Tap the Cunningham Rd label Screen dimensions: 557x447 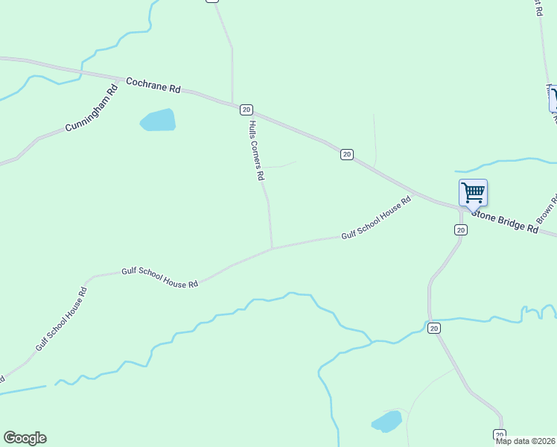92,109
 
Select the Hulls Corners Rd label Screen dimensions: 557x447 257,150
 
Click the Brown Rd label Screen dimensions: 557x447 547,211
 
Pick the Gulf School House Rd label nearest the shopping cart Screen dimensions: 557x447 376,218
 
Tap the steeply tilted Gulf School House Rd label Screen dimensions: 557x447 62,318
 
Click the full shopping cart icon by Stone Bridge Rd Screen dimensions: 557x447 473,193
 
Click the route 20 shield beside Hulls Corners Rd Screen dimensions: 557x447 246,110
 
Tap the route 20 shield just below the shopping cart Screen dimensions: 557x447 461,230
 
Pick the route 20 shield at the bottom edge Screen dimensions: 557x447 500,434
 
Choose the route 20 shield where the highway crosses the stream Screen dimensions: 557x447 434,328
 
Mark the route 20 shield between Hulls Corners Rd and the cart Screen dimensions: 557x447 347,154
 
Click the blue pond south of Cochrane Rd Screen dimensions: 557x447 158,120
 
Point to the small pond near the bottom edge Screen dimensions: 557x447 386,422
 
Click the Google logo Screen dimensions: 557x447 25,438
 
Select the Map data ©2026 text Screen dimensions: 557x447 526,441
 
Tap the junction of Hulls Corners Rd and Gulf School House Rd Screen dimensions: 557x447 272,248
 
